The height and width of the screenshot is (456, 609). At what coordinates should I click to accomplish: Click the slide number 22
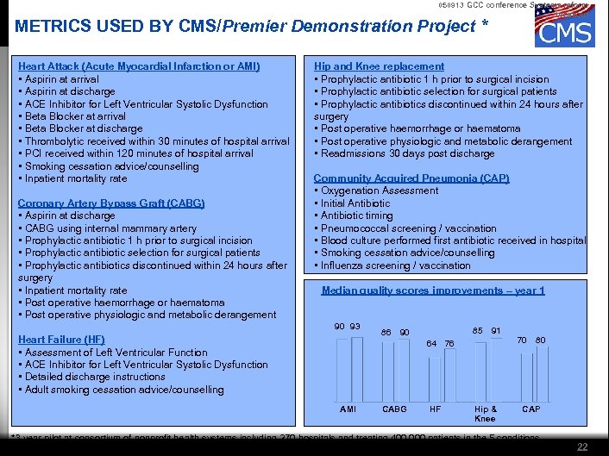click(x=582, y=446)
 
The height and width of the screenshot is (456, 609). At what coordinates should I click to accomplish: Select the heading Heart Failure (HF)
click(x=61, y=340)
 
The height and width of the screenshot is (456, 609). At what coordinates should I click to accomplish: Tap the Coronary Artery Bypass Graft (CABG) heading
click(x=111, y=203)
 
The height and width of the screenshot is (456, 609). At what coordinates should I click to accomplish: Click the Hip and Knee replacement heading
click(x=379, y=66)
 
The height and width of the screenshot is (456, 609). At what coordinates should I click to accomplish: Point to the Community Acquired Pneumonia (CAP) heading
click(x=411, y=178)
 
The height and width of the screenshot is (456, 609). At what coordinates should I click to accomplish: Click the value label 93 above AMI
click(x=355, y=327)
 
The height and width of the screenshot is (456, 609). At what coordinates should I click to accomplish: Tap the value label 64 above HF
click(x=432, y=344)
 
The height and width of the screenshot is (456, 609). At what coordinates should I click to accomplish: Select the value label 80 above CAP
click(x=540, y=340)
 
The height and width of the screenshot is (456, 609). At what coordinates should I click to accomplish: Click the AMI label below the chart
click(x=348, y=409)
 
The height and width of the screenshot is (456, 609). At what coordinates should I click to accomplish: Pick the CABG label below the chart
click(x=394, y=409)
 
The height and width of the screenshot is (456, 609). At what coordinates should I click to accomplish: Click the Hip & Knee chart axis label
click(x=486, y=414)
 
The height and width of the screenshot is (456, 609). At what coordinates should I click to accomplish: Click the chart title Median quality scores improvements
click(x=433, y=290)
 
